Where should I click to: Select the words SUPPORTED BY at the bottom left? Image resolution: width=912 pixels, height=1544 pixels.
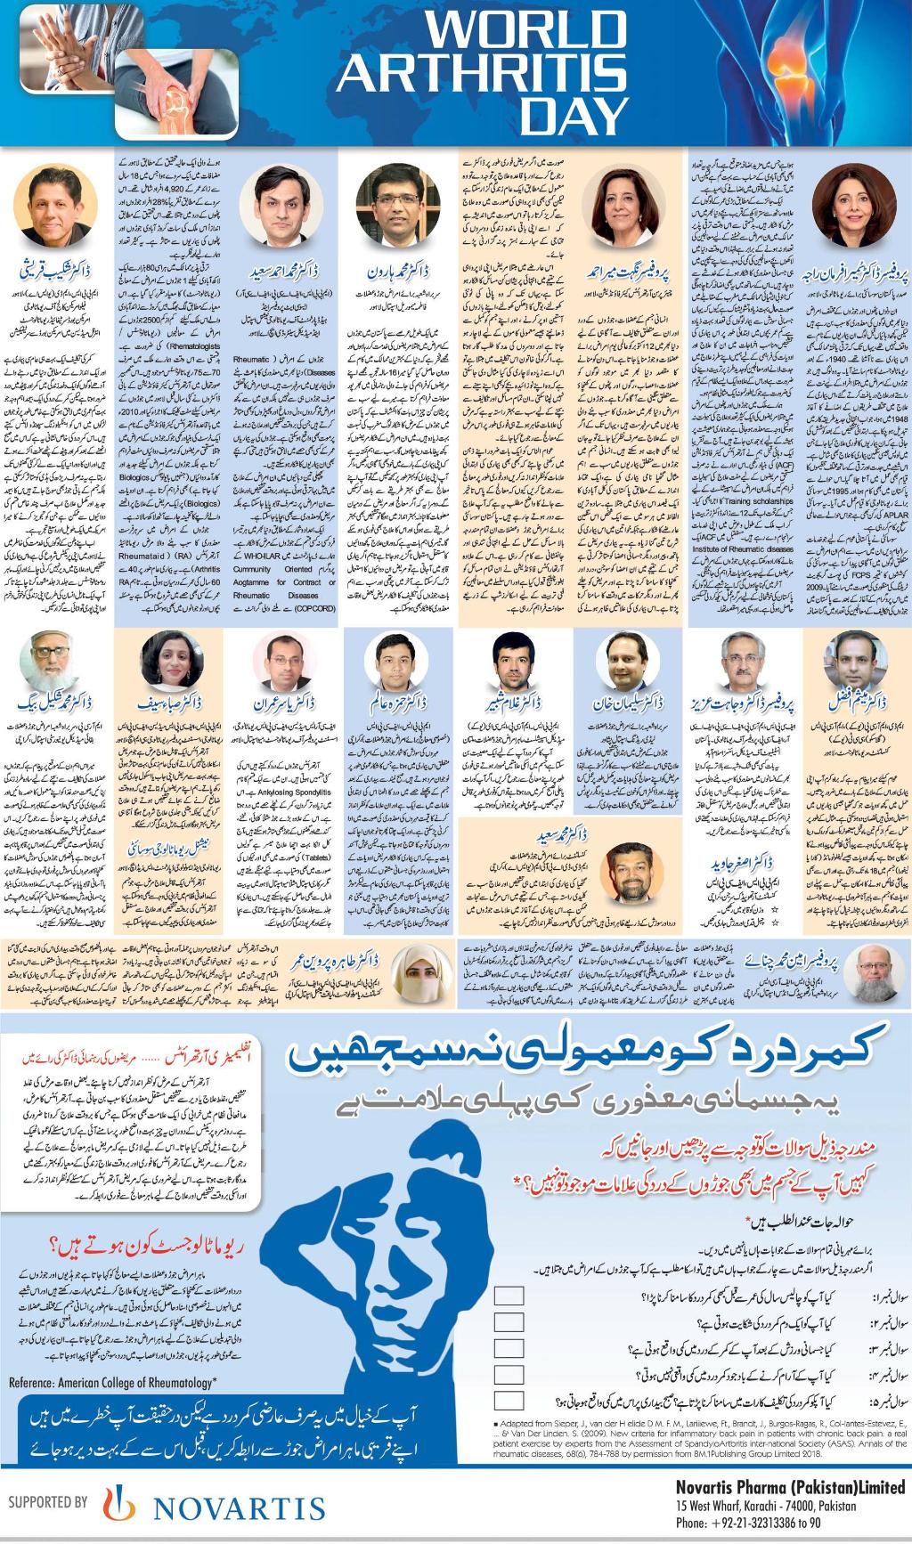pyautogui.click(x=47, y=1502)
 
